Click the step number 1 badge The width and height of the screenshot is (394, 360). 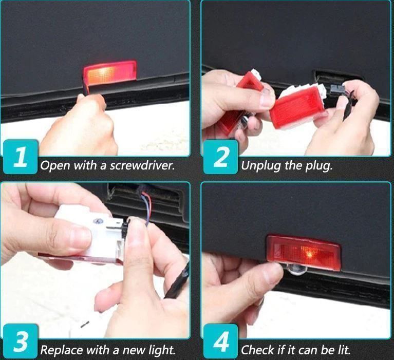coord(21,157)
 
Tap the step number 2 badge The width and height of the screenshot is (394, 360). coord(220,157)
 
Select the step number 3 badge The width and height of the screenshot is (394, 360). coord(21,341)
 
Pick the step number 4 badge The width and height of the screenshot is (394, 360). coord(220,341)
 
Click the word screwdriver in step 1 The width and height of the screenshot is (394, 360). coord(142,165)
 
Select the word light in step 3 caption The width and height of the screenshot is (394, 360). coord(162,350)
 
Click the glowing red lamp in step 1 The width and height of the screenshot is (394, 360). coord(110,71)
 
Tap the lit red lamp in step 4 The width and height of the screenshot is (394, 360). coord(304,253)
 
